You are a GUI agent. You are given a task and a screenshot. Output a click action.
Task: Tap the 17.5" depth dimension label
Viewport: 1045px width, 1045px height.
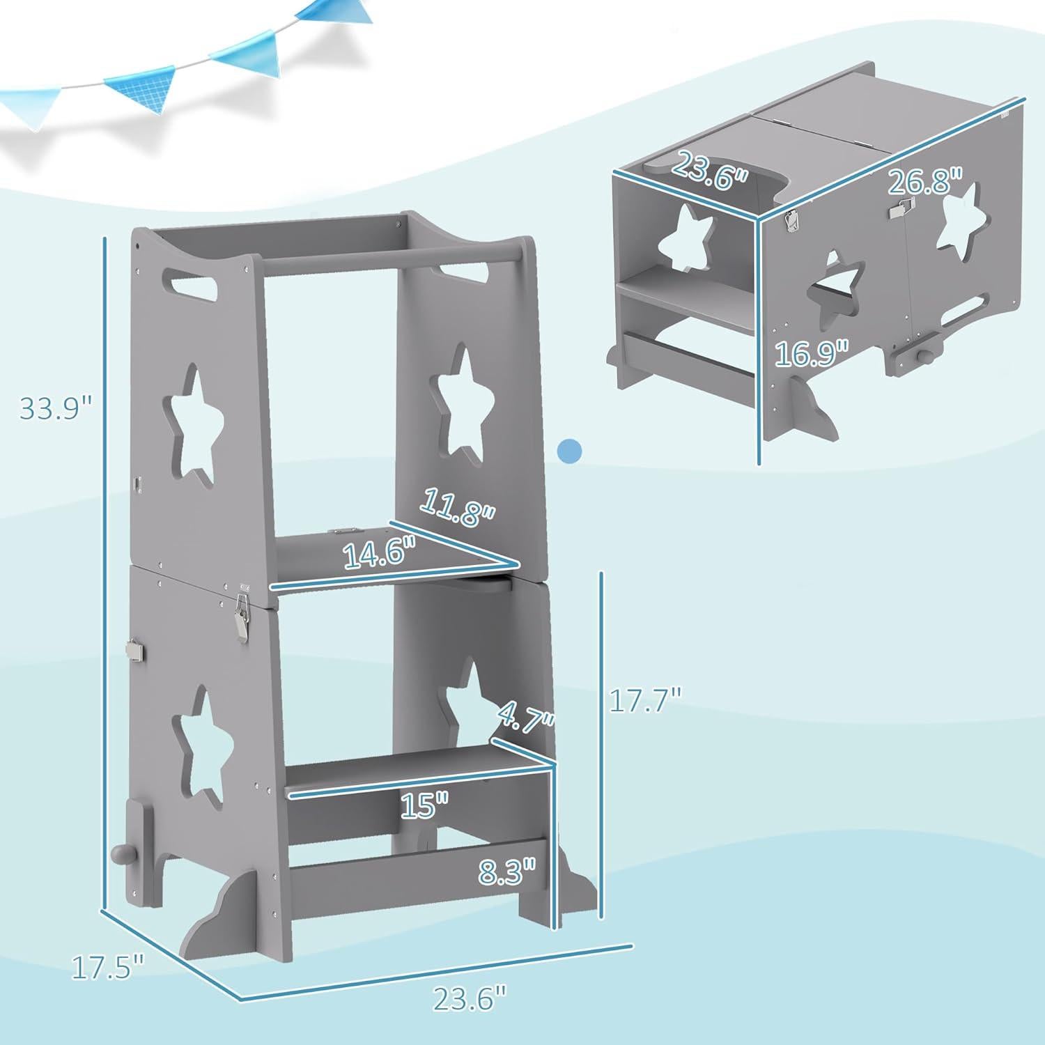pos(108,968)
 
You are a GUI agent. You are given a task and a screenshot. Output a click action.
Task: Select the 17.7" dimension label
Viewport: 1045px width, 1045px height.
pos(644,699)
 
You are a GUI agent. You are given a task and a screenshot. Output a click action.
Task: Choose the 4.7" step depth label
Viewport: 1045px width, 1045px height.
pos(526,718)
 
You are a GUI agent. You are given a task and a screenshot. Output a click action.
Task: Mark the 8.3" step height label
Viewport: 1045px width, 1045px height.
pos(507,871)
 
